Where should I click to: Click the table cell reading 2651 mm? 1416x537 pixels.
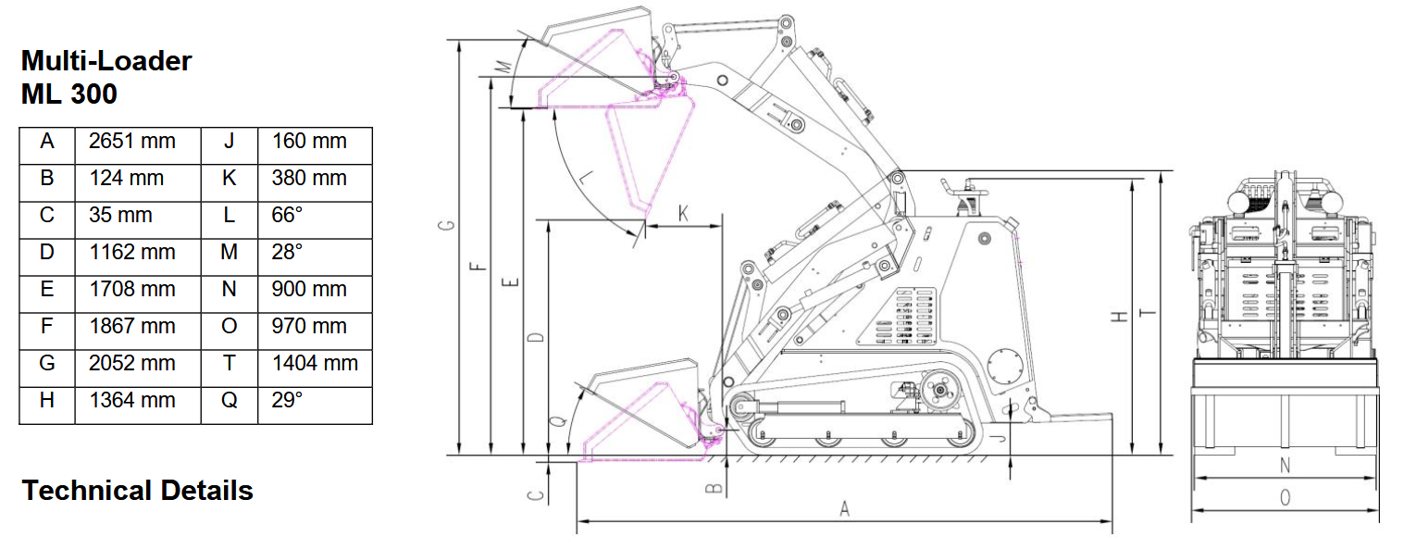(x=132, y=141)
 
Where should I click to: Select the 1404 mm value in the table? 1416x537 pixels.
(x=315, y=363)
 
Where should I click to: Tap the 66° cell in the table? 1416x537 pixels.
(x=287, y=215)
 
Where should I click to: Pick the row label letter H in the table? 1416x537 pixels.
(x=47, y=400)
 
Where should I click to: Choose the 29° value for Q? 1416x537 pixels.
(x=287, y=400)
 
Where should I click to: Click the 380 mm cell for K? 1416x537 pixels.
(x=309, y=179)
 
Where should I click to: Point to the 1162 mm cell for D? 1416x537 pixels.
(x=132, y=253)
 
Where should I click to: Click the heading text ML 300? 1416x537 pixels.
(x=68, y=94)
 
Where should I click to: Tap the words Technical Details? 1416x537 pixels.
(x=137, y=490)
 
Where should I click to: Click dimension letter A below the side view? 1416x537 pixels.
(x=845, y=508)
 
